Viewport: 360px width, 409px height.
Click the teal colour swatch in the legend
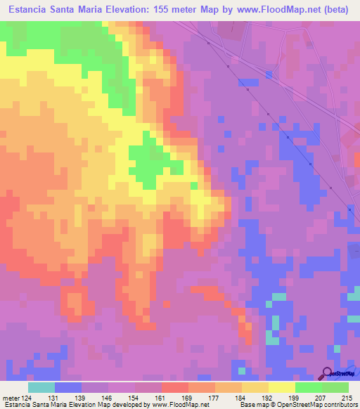point(41,387)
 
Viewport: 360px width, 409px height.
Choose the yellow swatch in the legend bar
point(281,387)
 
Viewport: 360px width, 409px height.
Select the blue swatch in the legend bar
point(67,387)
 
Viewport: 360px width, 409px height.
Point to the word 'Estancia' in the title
point(27,9)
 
